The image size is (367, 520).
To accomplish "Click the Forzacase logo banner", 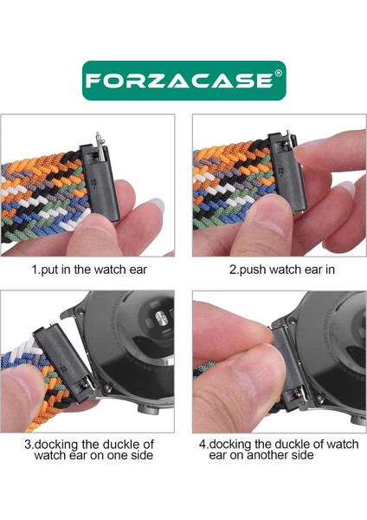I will coord(183,80).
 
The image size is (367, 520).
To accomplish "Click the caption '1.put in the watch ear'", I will coord(89,270).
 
